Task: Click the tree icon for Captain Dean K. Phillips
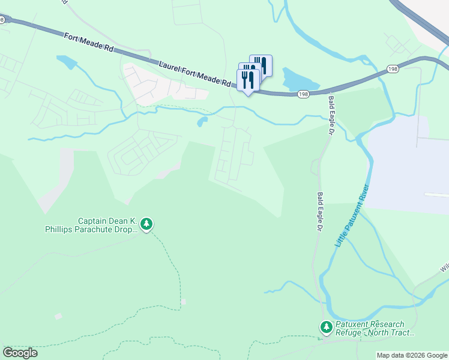(146, 224)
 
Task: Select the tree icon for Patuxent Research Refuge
(326, 327)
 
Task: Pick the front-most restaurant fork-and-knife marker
(248, 80)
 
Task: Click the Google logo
(20, 353)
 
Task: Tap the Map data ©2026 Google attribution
(412, 355)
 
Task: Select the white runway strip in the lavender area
(436, 194)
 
